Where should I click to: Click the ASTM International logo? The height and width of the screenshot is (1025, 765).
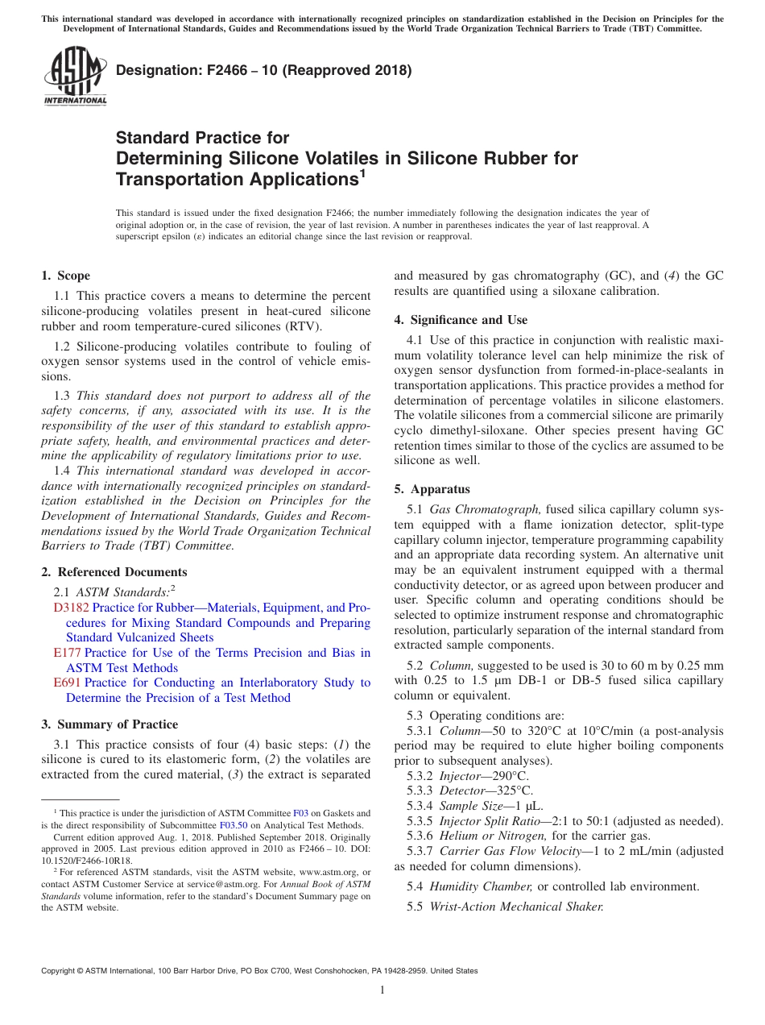pos(74,77)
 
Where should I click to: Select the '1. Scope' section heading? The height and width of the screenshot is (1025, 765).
pos(66,276)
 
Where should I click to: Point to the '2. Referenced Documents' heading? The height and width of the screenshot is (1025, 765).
pos(114,572)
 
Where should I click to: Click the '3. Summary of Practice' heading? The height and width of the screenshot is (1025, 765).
pos(110,724)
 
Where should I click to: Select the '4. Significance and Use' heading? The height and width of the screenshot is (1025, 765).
pos(461,320)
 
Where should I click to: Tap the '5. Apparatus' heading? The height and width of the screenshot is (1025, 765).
pos(432,489)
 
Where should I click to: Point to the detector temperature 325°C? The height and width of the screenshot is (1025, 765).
pos(511,791)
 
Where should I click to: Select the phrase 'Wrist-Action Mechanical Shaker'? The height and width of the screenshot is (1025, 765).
pos(516,907)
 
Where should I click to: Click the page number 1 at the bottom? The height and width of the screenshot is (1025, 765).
pos(382,990)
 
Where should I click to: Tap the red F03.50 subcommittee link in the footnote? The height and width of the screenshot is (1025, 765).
pos(231,825)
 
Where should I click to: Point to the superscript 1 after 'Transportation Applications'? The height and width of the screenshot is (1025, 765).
pos(362,172)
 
